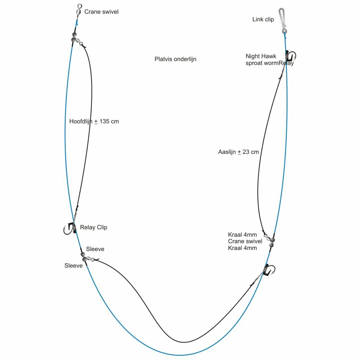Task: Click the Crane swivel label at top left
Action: coord(101,12)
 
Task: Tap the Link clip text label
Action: coord(263,20)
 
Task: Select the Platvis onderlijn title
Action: coord(175,59)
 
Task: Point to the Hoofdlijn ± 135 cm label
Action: coord(94,122)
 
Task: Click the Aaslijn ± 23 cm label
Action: coord(238,152)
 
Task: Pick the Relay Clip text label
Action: coord(94,227)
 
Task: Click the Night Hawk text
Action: coord(261,56)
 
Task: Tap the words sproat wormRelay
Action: coord(269,63)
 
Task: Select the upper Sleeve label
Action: coord(95,249)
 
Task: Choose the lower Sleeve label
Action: coord(73,266)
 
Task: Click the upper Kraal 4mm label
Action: coord(242,235)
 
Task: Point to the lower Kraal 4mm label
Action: coord(242,248)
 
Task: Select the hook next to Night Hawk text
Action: coord(291,56)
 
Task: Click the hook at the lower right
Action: coord(269,270)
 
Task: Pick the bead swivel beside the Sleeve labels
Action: coord(84,257)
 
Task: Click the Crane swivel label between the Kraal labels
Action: coord(245,242)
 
